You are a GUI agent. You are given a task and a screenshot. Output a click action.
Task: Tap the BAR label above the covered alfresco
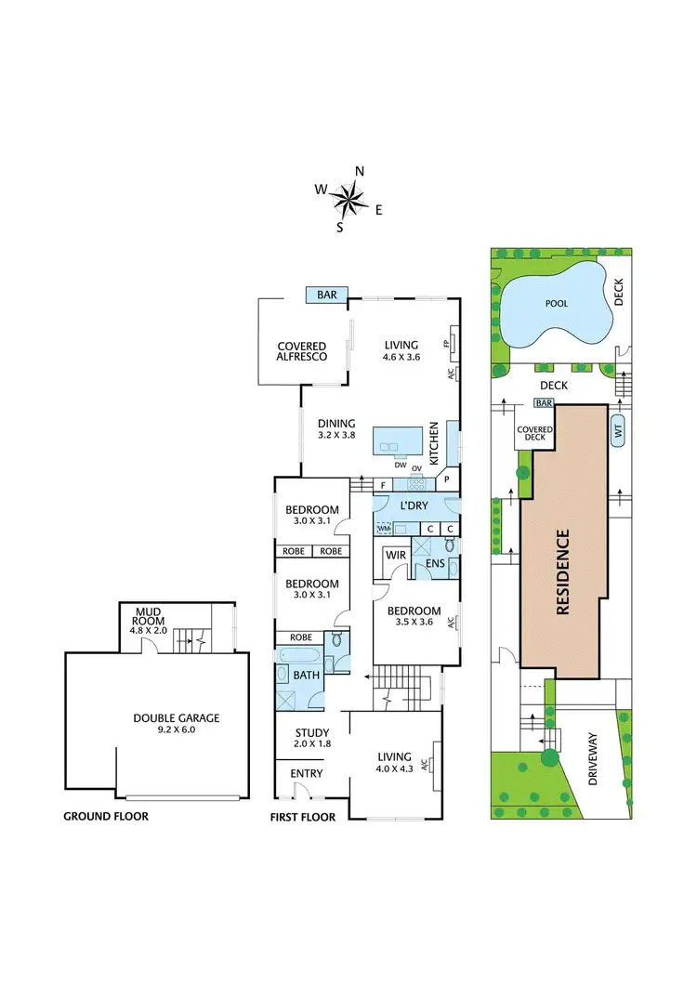click(x=327, y=295)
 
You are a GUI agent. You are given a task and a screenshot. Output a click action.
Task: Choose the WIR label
click(x=395, y=556)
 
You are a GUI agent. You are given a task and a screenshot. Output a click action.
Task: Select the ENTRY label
click(x=306, y=774)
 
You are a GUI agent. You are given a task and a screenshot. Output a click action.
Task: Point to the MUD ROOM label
click(x=149, y=620)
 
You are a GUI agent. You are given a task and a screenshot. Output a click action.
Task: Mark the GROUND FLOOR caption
click(x=106, y=817)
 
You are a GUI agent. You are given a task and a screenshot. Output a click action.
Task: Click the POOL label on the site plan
click(x=557, y=303)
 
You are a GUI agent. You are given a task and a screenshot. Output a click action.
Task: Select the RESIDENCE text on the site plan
click(x=562, y=573)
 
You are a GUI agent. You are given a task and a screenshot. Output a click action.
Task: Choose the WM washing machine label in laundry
click(x=384, y=528)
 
